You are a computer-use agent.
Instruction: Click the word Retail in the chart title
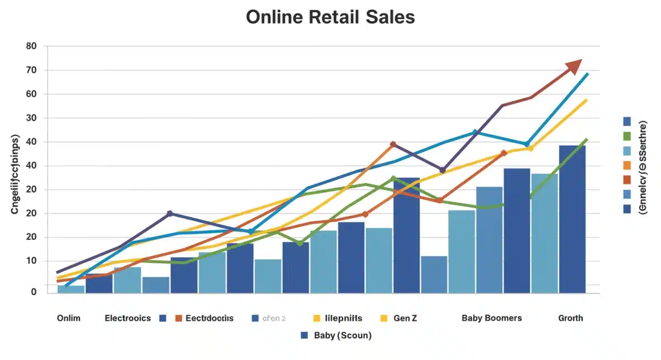(329, 17)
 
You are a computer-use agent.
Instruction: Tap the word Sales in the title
(389, 17)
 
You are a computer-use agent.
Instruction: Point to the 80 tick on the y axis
(31, 47)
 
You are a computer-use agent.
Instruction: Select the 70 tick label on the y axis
(31, 70)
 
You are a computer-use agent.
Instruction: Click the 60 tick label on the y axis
(31, 94)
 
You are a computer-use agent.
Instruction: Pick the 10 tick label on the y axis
(31, 261)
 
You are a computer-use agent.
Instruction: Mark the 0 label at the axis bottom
(34, 292)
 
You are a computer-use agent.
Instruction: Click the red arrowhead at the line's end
(575, 66)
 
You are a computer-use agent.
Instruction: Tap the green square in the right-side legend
(627, 135)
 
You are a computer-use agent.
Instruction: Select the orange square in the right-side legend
(627, 165)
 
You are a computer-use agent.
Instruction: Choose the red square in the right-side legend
(627, 179)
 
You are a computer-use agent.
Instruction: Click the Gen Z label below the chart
(407, 318)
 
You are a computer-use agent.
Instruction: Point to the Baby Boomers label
(491, 318)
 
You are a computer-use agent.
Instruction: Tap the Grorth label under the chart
(570, 318)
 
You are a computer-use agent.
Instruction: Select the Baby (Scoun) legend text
(342, 335)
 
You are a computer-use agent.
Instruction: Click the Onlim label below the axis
(68, 318)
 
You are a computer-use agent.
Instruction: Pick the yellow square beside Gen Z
(384, 318)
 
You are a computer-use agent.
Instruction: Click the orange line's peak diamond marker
(393, 144)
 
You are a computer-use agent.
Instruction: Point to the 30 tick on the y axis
(31, 118)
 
